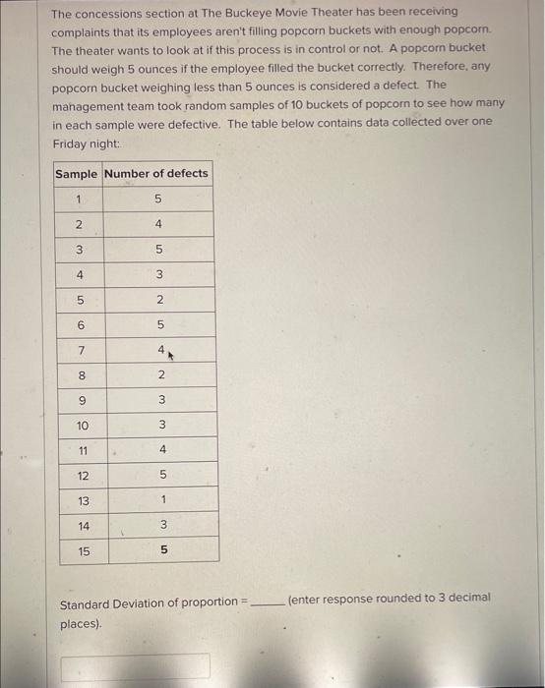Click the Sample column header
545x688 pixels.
tap(76, 174)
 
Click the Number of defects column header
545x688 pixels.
tap(156, 174)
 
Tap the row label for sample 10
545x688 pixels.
tap(82, 426)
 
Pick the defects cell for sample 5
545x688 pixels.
tap(158, 299)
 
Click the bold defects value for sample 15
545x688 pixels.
tap(163, 551)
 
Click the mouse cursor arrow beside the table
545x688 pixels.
tap(170, 352)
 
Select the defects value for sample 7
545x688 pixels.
tap(157, 349)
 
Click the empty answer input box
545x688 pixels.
tap(135, 666)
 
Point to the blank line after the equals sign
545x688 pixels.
tap(267, 602)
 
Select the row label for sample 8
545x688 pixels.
tap(82, 374)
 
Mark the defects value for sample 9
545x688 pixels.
tap(159, 400)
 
